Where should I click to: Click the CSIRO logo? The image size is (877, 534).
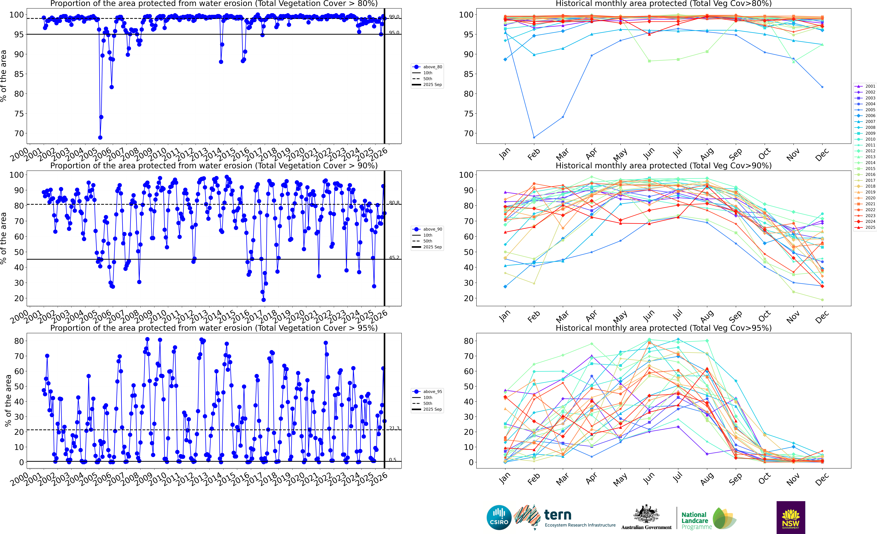499,517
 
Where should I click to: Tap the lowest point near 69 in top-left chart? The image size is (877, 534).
100,137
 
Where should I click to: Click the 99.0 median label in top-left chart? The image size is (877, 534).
394,17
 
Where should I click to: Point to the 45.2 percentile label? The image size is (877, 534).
394,257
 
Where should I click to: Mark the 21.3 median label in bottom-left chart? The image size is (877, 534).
394,428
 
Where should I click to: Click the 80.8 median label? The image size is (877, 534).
394,203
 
